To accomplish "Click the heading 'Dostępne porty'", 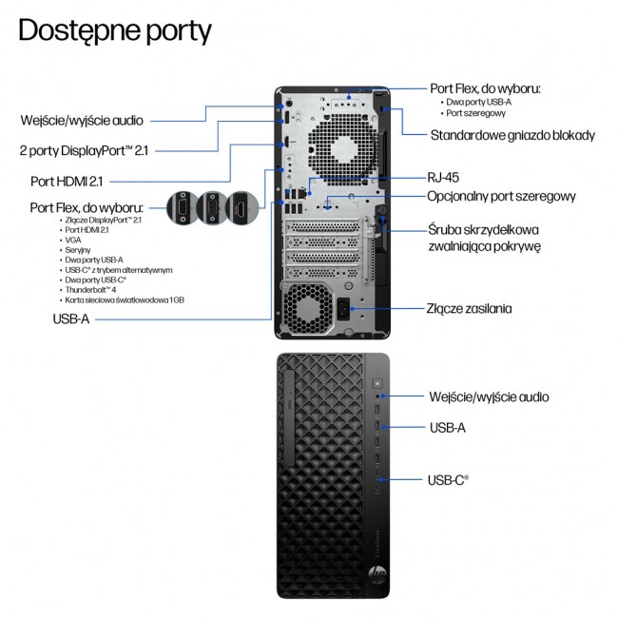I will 115,30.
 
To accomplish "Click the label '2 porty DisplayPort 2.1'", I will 85,149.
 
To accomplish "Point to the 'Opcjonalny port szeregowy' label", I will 501,197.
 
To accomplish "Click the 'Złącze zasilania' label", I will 470,308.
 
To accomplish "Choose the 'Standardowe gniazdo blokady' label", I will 512,135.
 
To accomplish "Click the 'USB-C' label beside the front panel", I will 450,482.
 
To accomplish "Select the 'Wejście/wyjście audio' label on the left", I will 84,121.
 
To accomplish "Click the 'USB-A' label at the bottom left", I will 71,320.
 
